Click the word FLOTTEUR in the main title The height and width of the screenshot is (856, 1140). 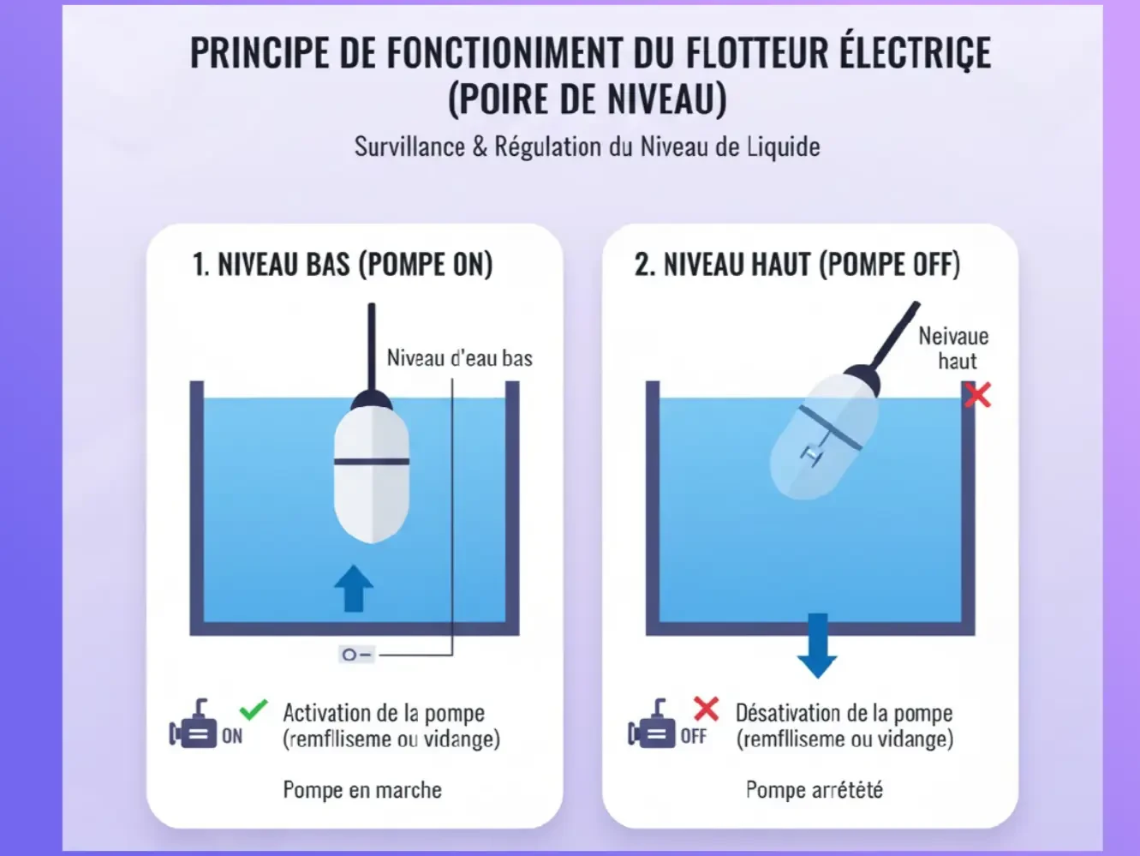point(757,53)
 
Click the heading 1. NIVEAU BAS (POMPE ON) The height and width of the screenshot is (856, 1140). point(343,265)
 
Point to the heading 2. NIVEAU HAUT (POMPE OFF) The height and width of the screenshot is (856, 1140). point(797,265)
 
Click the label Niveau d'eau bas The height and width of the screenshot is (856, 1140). point(460,358)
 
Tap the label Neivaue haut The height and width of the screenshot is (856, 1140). point(954,349)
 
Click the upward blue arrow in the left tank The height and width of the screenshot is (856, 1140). point(354,588)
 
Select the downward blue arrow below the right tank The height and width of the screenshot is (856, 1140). point(817,645)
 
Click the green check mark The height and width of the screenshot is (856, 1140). point(254,709)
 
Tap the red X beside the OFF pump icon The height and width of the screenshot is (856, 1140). point(707,709)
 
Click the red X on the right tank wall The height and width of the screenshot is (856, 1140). point(977,395)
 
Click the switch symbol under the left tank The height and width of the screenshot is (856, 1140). point(356,655)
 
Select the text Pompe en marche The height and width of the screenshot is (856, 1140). point(362,790)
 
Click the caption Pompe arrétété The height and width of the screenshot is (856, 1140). point(815,790)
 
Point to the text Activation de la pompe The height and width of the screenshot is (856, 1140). point(384,713)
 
